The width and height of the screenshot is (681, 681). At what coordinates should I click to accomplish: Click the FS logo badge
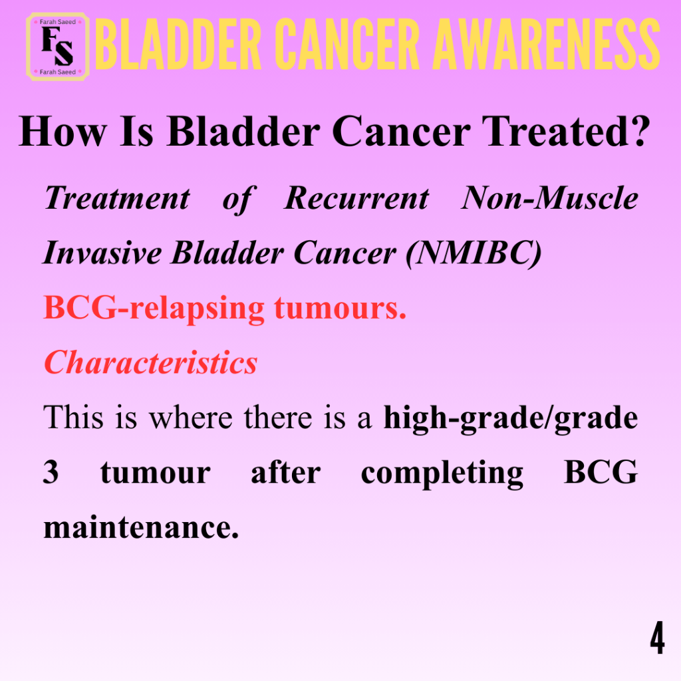click(58, 47)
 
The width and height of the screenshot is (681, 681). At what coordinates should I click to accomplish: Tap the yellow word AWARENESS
click(547, 44)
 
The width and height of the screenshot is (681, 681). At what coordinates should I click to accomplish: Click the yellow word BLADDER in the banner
click(178, 44)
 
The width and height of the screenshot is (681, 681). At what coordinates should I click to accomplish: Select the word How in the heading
click(63, 132)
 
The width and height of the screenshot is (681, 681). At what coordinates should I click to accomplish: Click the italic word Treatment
click(117, 198)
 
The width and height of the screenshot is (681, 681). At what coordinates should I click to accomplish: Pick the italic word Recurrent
click(356, 198)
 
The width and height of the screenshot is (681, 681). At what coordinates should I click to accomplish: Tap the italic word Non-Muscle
click(549, 198)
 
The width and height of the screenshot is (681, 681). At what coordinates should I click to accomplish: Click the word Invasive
click(102, 253)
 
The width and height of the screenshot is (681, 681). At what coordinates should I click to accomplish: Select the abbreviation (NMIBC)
click(474, 253)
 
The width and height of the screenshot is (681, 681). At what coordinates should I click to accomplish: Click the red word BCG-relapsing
click(154, 309)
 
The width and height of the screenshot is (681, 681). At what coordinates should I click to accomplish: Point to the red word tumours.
click(340, 308)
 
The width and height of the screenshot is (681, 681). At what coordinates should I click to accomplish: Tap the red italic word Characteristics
click(151, 362)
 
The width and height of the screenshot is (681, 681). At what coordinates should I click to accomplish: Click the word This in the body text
click(73, 418)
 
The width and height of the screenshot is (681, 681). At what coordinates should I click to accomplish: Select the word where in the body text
click(191, 418)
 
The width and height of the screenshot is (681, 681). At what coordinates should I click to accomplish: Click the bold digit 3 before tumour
click(51, 472)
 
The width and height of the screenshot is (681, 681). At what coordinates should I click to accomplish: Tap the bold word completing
click(442, 474)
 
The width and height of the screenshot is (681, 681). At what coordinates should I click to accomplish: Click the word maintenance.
click(141, 527)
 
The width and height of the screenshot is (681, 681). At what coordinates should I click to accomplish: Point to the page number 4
click(657, 638)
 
